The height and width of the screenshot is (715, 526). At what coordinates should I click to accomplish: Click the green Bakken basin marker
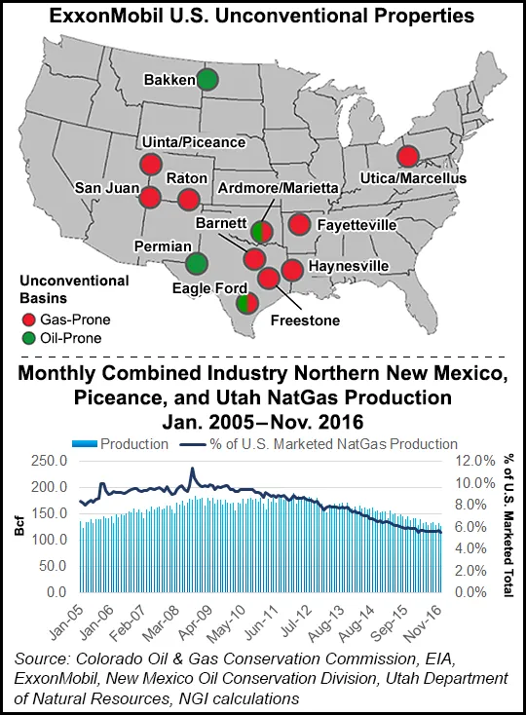point(207,79)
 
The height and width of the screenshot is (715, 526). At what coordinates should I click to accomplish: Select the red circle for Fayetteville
point(300,225)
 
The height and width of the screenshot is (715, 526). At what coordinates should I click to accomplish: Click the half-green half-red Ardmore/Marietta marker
point(261,232)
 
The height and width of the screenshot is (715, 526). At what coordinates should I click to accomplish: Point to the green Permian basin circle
point(196,263)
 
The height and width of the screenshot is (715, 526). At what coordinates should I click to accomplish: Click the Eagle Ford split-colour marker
point(247,303)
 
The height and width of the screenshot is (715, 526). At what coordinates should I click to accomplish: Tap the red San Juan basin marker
point(150,198)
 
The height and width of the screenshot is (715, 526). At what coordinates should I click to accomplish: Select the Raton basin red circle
point(188,201)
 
